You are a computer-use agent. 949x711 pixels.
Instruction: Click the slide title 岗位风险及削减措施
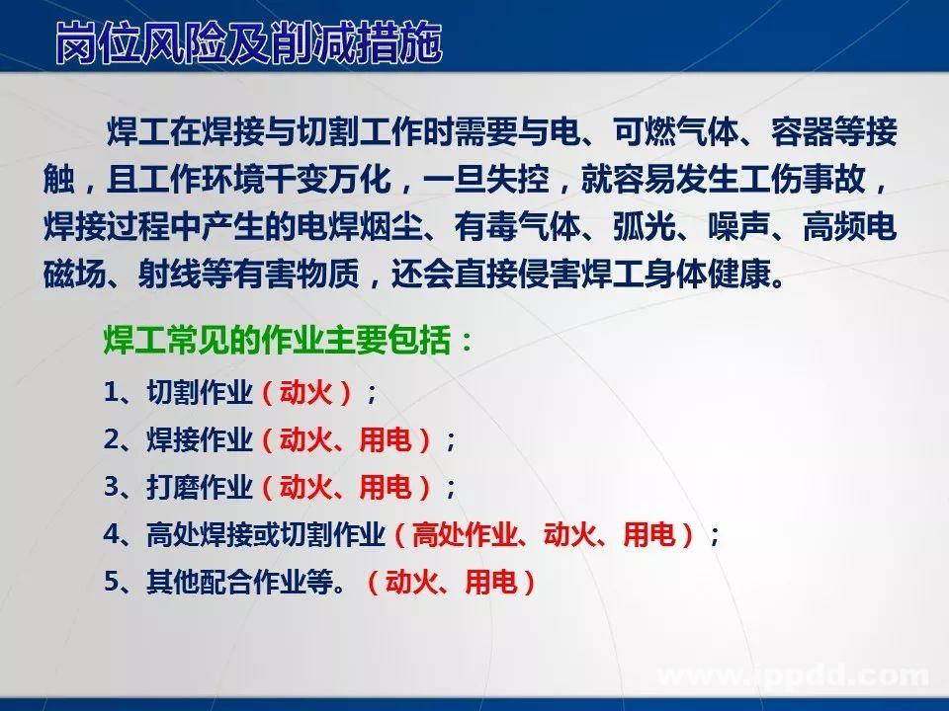[247, 44]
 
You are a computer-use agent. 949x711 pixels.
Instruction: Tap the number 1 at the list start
[111, 392]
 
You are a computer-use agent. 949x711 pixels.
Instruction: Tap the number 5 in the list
[111, 583]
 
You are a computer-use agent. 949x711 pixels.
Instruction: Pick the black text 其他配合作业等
[237, 583]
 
